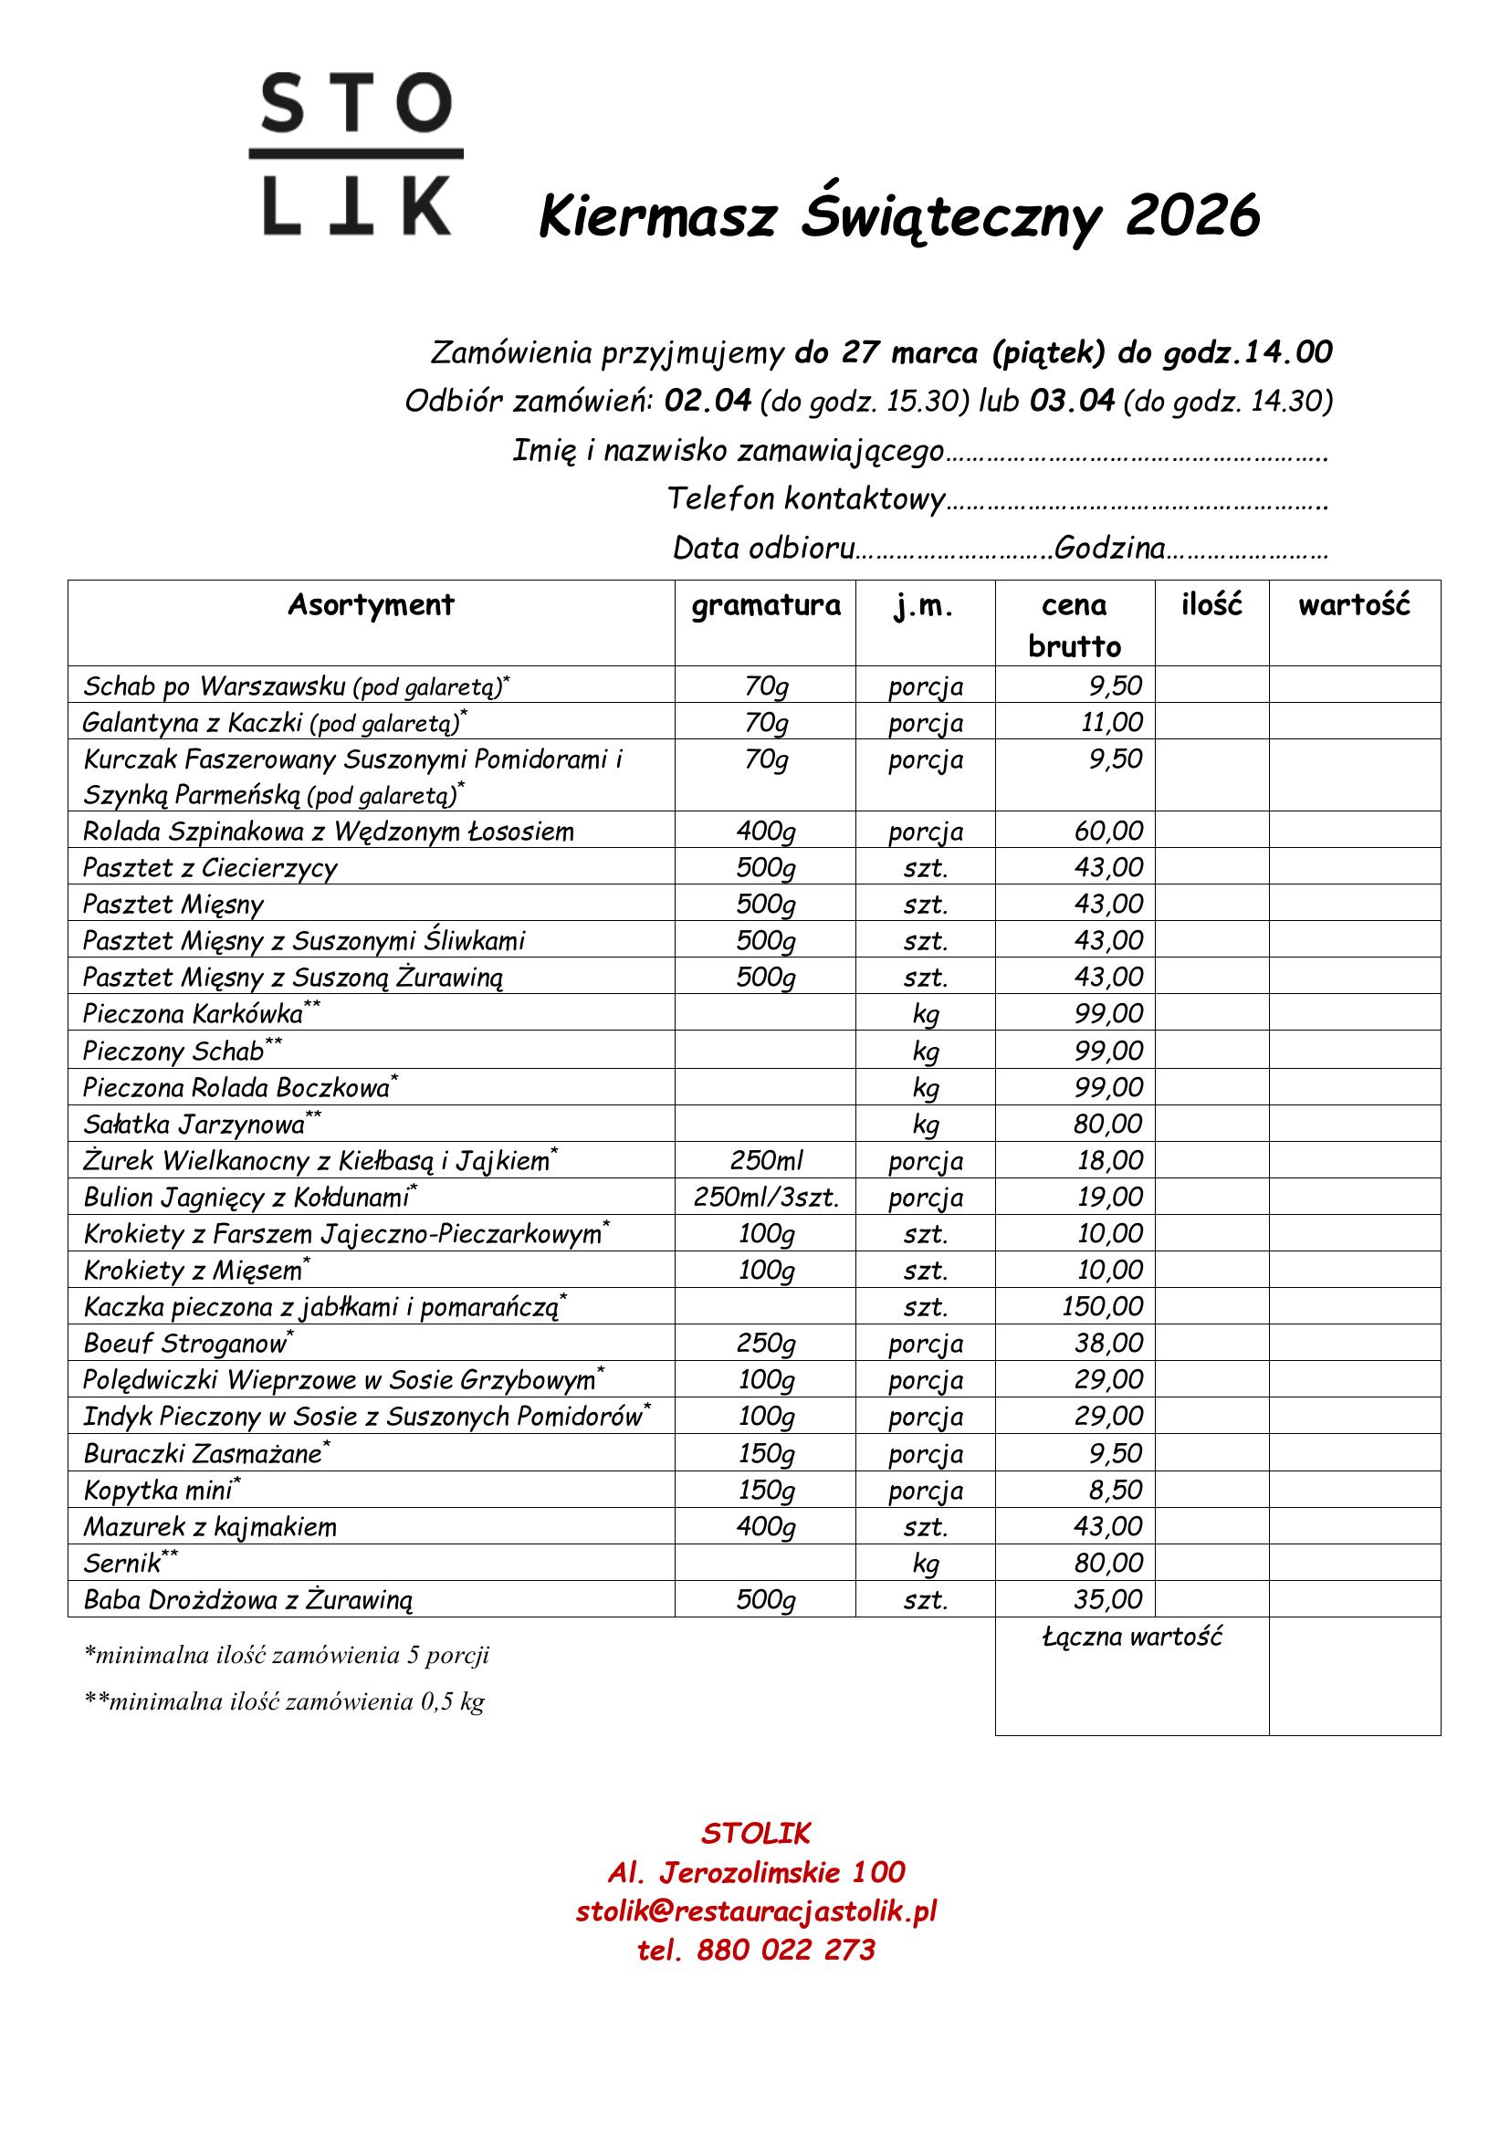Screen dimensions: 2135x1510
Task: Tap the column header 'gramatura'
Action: (765, 605)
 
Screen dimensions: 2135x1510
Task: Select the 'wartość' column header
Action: (1354, 605)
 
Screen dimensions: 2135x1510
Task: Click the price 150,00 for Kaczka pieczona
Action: (1103, 1306)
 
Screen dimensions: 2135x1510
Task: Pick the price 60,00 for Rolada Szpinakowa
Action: (1108, 831)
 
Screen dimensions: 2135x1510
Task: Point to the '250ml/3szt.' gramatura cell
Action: (766, 1197)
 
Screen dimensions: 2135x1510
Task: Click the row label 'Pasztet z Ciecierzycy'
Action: (210, 867)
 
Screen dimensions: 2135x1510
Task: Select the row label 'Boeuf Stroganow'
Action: (186, 1344)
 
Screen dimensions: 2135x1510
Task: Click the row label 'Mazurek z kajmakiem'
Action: (210, 1527)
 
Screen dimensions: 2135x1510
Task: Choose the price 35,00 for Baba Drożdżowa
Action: (1108, 1599)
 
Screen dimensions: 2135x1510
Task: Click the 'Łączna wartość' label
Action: (1131, 1637)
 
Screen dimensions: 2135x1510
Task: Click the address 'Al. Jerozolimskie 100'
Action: (756, 1872)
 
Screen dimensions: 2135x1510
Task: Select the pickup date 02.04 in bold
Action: (708, 401)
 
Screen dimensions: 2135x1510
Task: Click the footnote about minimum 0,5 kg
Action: (285, 1701)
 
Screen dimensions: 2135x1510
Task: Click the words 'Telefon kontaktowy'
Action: (805, 499)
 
